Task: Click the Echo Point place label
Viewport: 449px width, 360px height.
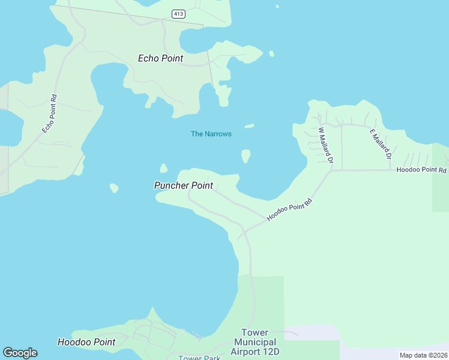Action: tap(160, 58)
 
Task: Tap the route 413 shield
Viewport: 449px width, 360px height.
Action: tap(177, 14)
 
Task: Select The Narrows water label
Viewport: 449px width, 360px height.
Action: tap(211, 134)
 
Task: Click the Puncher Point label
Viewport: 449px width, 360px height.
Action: tap(183, 185)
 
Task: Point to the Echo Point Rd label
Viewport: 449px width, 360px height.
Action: tap(50, 114)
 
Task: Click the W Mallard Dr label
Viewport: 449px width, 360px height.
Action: tap(325, 146)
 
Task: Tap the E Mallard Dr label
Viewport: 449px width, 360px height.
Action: tap(381, 144)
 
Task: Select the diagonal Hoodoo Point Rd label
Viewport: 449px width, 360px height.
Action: tap(291, 208)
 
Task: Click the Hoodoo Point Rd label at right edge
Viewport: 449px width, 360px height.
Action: tap(422, 170)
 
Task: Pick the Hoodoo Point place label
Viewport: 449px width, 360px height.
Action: tap(86, 342)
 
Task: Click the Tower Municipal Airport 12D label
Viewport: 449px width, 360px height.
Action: tap(255, 342)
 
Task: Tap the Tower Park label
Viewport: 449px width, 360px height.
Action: tap(199, 358)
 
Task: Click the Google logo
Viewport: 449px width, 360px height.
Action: tap(20, 353)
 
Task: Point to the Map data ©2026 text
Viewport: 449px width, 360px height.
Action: tap(423, 355)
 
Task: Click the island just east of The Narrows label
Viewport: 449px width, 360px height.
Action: tap(246, 156)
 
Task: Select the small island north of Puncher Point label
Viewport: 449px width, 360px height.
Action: tap(163, 168)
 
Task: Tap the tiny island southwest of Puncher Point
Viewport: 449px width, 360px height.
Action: tap(114, 188)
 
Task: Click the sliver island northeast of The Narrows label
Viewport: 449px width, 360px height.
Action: tap(249, 126)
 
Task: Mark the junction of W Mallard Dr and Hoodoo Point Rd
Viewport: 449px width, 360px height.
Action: tap(331, 170)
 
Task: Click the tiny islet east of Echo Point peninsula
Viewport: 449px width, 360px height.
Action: tap(271, 54)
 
